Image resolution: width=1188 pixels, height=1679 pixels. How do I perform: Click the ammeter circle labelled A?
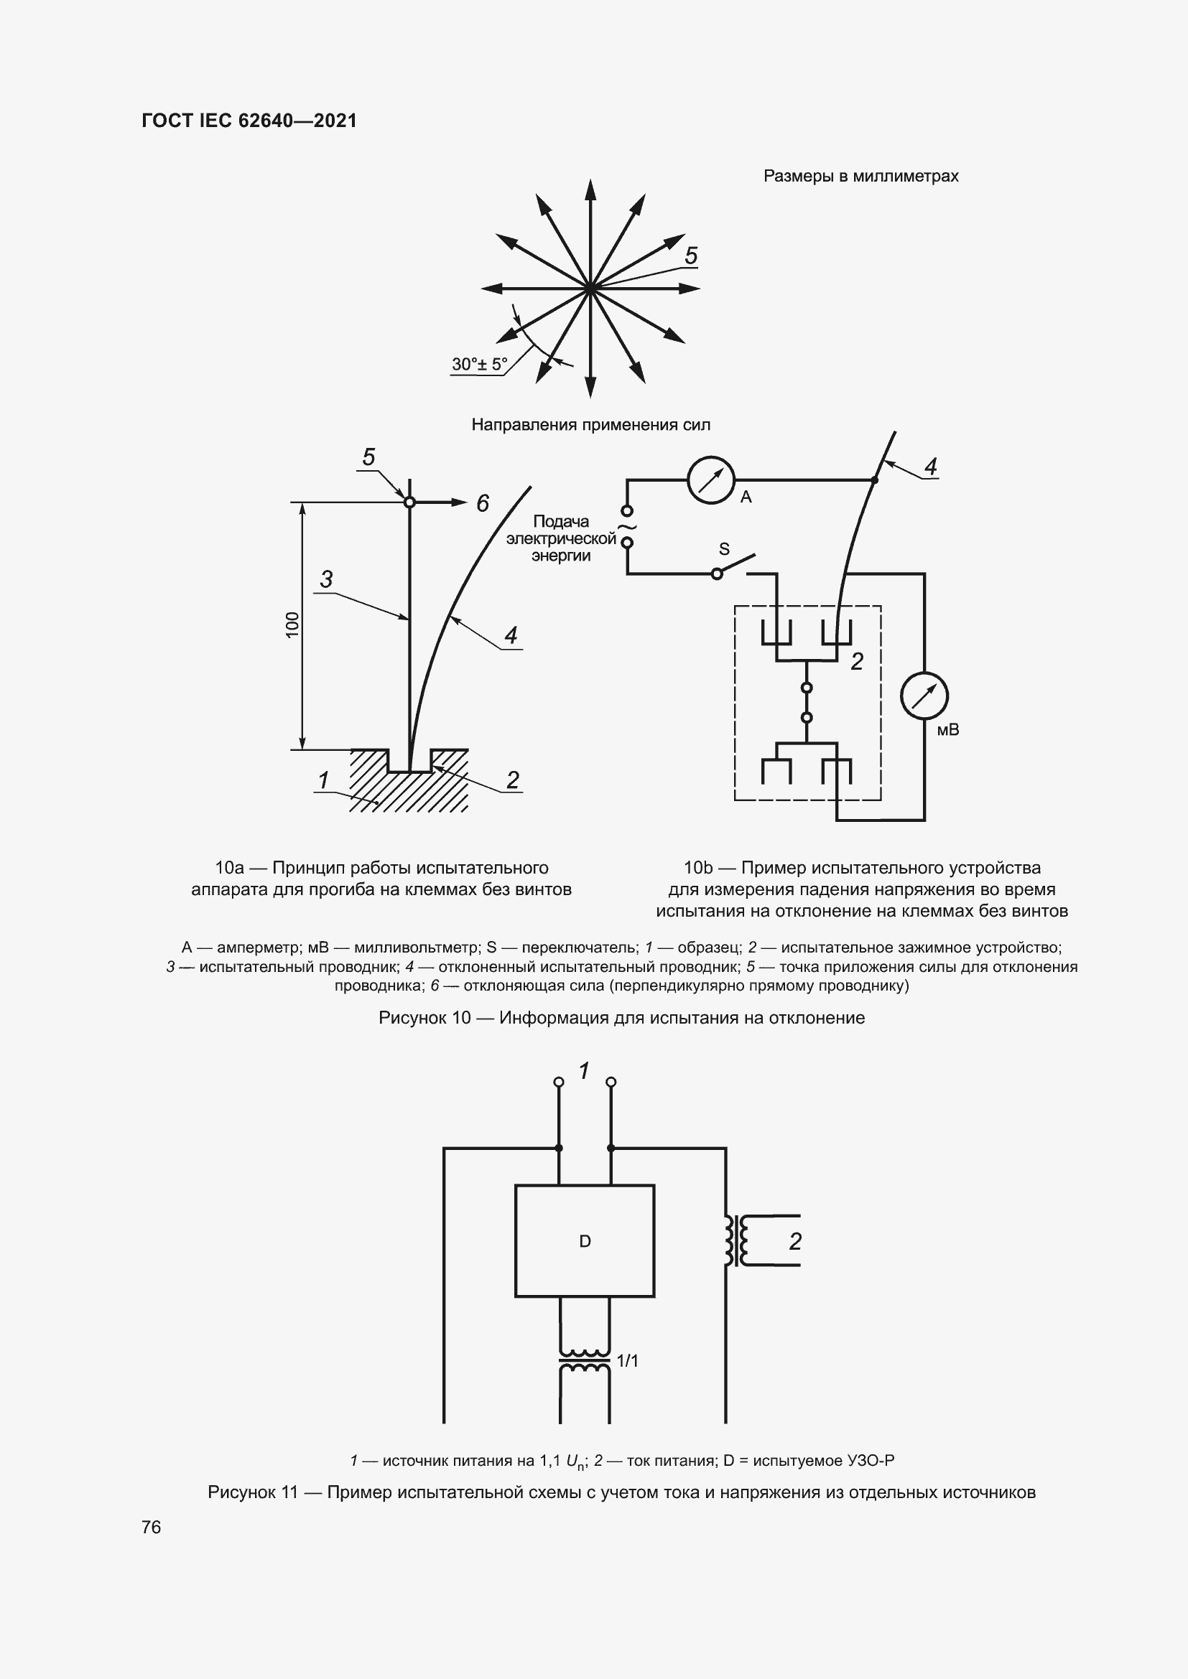(710, 480)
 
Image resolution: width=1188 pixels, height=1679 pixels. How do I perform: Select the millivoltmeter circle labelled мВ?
(924, 696)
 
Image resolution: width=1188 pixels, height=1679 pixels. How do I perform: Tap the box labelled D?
(585, 1241)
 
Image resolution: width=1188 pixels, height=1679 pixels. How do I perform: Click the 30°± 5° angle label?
(479, 364)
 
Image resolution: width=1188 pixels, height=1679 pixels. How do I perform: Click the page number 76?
(152, 1527)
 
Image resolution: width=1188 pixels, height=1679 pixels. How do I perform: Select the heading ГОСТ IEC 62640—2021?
(249, 121)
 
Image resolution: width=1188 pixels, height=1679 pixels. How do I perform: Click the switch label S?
(724, 548)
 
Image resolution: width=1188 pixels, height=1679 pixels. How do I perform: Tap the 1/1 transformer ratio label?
(628, 1361)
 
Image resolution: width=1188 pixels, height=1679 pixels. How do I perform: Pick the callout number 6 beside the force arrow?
(483, 503)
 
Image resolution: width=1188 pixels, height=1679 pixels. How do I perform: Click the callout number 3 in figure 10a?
(326, 579)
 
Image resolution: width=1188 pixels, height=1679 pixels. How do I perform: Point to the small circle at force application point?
(409, 502)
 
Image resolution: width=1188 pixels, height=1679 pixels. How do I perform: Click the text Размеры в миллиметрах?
(860, 177)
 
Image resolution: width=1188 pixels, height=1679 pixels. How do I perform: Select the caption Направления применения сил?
(590, 425)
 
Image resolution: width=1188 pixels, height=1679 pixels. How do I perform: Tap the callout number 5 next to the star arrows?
(690, 256)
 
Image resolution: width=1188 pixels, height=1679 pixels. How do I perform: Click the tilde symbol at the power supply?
(627, 526)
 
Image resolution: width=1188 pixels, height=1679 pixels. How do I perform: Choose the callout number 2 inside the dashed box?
(857, 662)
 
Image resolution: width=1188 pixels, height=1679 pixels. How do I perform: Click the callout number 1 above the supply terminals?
(584, 1071)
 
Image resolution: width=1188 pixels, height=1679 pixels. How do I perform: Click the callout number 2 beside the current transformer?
(795, 1241)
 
